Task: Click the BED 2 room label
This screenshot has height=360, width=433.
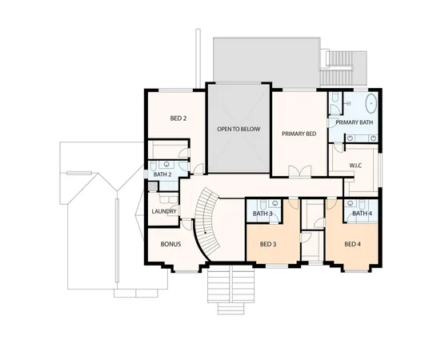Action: [x=178, y=118]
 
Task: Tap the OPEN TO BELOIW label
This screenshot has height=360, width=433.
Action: [x=239, y=129]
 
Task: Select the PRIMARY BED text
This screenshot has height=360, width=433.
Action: [x=299, y=134]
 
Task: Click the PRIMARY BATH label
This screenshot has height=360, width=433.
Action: [x=355, y=122]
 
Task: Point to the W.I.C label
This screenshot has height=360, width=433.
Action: [x=357, y=166]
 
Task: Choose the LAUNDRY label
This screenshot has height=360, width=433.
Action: [x=163, y=211]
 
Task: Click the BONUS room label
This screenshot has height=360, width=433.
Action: [x=169, y=243]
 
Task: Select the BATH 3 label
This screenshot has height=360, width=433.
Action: [x=263, y=214]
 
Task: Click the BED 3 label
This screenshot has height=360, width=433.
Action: [x=270, y=244]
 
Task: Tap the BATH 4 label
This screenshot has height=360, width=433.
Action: [x=362, y=214]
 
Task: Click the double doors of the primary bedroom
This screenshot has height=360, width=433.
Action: [x=299, y=170]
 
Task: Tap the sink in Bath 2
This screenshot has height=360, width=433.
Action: [x=165, y=162]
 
